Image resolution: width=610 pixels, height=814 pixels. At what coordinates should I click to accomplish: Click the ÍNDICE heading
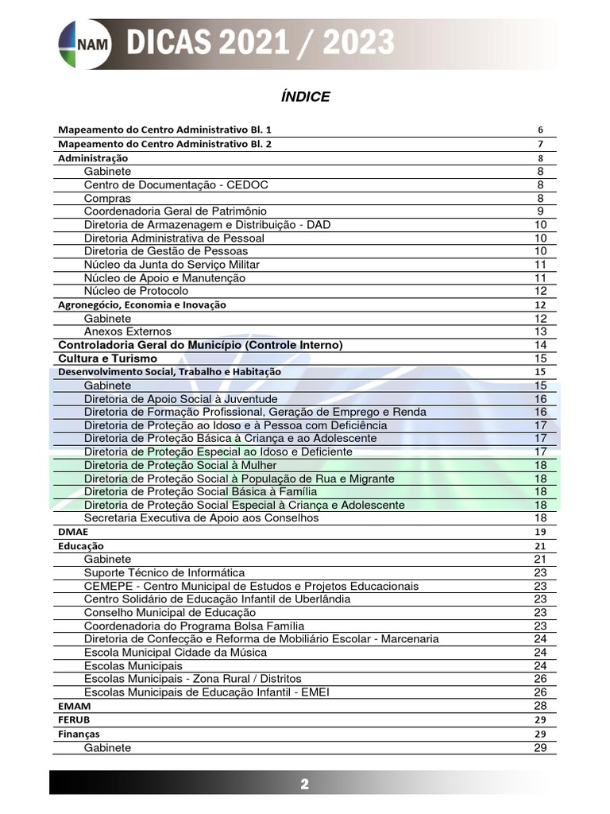point(305,97)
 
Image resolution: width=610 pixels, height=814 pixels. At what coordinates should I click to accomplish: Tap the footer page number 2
point(304,785)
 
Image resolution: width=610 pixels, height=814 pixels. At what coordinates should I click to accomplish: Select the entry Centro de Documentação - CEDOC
point(176,184)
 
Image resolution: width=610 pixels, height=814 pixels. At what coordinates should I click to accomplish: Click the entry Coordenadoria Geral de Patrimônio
point(175,211)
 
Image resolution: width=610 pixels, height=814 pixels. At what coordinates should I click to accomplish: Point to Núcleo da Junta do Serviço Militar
point(172,264)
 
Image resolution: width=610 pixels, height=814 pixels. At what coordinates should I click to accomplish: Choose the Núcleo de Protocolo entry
point(136,291)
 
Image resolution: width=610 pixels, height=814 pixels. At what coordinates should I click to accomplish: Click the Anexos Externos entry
point(127,331)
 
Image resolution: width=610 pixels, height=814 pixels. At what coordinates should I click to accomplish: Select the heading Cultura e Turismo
point(108,359)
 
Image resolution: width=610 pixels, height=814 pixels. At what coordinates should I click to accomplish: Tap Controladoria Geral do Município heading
point(200,345)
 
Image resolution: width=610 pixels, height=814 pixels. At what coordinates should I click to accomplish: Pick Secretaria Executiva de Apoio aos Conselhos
point(201,518)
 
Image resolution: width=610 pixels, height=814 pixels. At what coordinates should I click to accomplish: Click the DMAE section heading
point(73,531)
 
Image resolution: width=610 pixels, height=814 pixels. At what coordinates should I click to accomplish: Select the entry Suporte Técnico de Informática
point(164,572)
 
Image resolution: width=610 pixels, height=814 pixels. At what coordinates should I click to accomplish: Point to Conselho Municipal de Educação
point(170,612)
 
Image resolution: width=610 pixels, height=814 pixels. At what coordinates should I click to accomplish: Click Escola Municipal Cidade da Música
point(175,652)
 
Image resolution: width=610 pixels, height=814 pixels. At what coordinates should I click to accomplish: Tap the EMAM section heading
point(75,706)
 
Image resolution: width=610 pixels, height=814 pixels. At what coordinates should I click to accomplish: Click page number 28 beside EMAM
point(540,706)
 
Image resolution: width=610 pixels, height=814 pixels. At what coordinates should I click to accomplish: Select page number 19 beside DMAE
point(540,531)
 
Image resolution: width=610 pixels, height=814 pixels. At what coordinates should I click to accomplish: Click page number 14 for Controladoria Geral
point(540,345)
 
